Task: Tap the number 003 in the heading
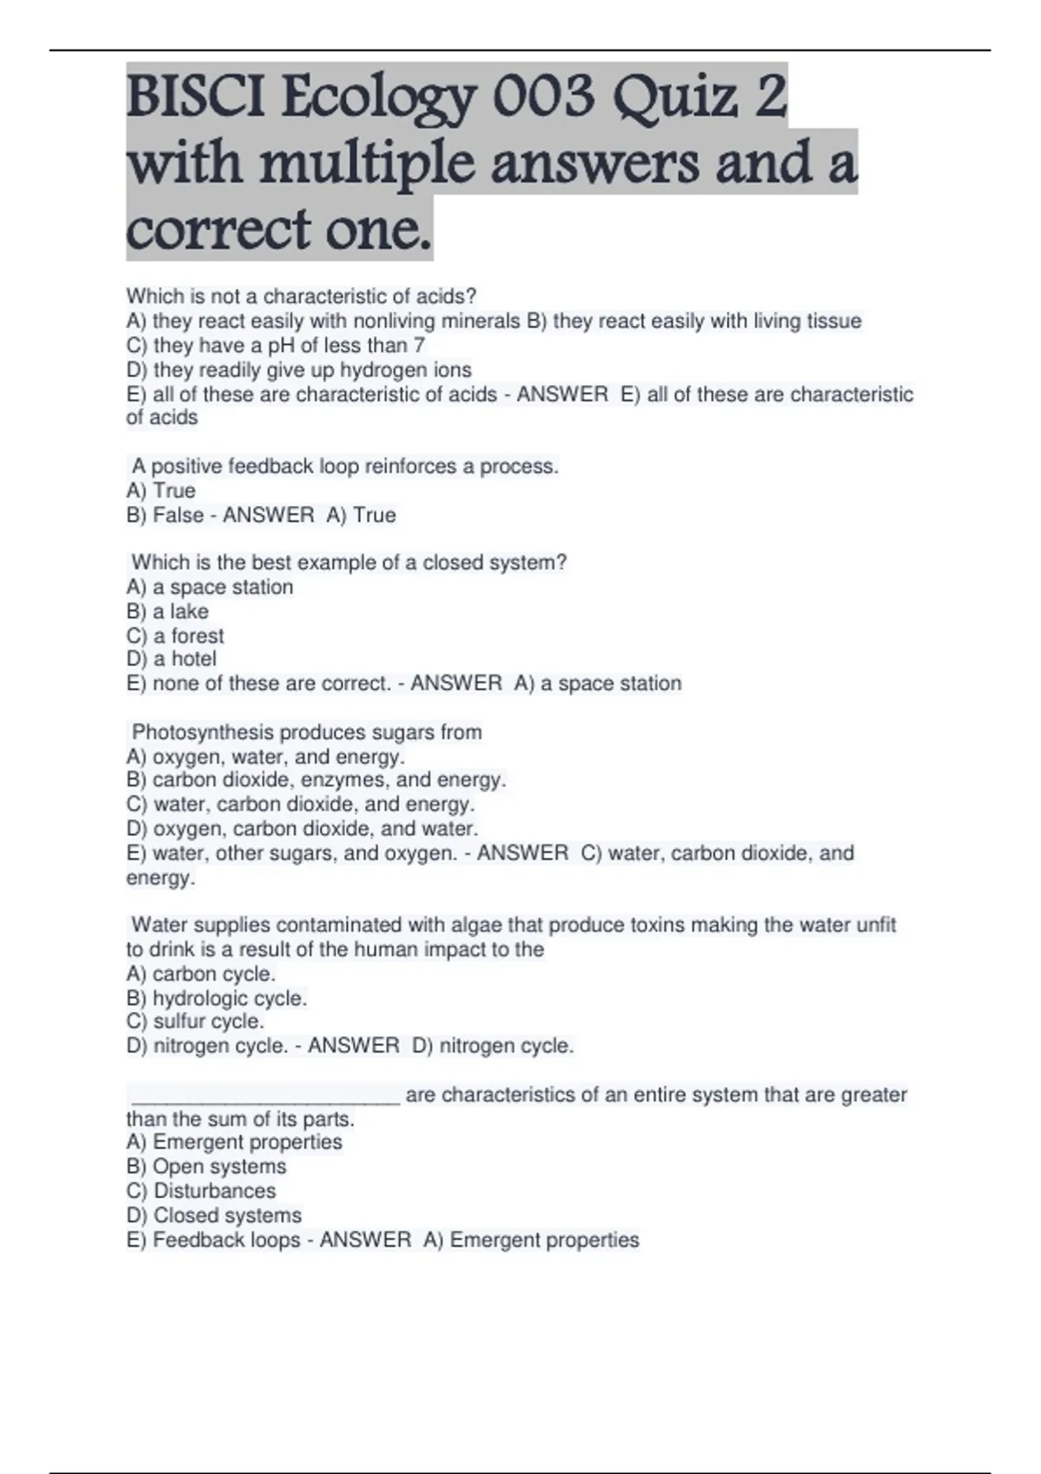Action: point(546,97)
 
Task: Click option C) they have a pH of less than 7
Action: point(276,346)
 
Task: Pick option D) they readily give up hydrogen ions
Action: point(299,370)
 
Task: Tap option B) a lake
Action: point(167,611)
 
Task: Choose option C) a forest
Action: point(175,636)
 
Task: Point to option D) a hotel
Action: point(172,659)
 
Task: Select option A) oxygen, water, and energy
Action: point(265,757)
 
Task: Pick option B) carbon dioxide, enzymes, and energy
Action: point(316,780)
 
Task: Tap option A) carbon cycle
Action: point(201,974)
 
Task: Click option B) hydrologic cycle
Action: point(217,998)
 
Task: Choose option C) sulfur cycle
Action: point(195,1021)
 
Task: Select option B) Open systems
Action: point(206,1166)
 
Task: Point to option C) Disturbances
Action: point(201,1190)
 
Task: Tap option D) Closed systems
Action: point(214,1215)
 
